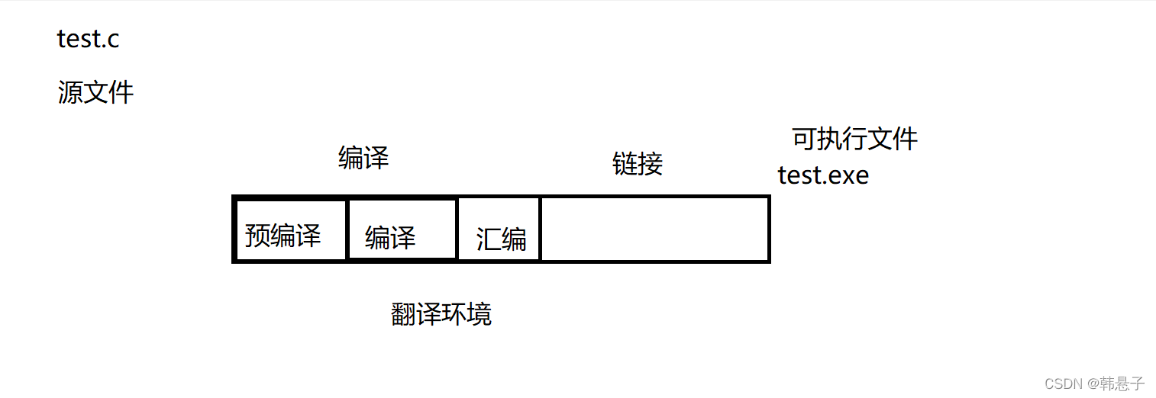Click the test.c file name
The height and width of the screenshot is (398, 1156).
[89, 39]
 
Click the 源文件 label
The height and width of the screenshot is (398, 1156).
[96, 93]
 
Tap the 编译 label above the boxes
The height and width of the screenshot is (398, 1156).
[363, 159]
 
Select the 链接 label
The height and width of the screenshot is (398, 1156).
[638, 163]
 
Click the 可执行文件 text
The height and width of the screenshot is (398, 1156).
[855, 139]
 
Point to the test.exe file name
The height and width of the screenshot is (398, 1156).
[823, 176]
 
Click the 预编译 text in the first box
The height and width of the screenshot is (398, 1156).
[283, 236]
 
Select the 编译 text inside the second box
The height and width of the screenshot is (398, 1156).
[390, 238]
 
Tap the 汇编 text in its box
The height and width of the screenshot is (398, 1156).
[502, 239]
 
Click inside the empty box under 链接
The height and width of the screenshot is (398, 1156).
[654, 229]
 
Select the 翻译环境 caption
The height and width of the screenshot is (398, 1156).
[441, 314]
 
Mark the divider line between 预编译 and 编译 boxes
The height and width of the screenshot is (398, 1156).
[347, 229]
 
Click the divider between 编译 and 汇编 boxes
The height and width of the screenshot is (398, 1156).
[457, 229]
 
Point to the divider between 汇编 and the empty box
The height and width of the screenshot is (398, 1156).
[540, 229]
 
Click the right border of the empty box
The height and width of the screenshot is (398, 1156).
[768, 229]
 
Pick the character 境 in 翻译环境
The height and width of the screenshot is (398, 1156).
[480, 314]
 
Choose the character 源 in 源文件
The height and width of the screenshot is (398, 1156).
[70, 93]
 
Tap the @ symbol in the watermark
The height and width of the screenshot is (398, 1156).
[1093, 384]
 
